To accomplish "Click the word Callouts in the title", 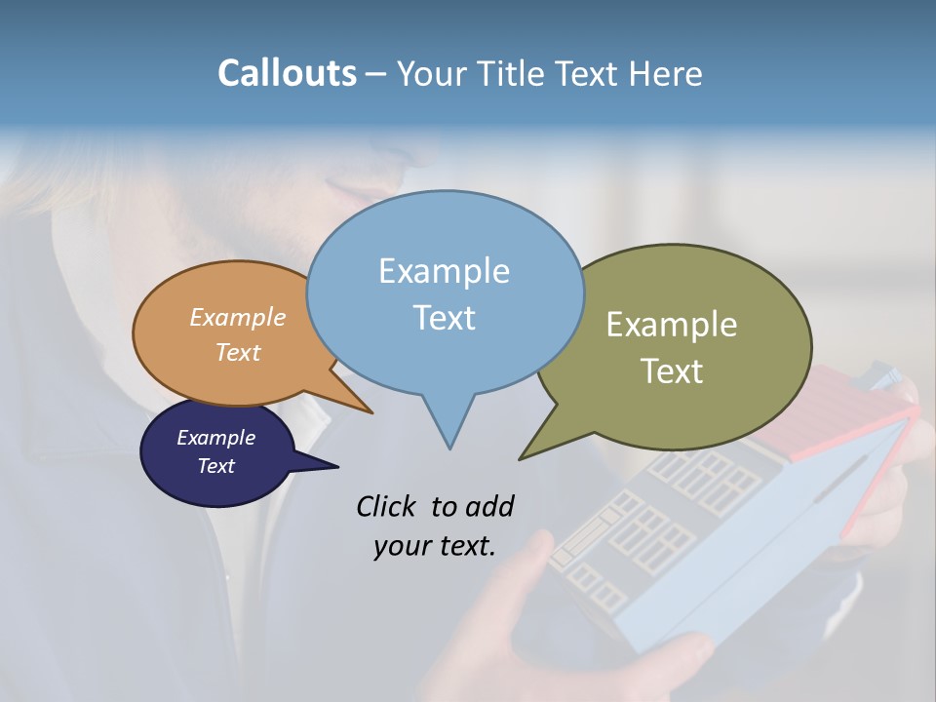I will tap(287, 73).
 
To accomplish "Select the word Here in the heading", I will tap(667, 73).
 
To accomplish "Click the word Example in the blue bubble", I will tap(444, 271).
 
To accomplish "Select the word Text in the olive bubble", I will tap(672, 371).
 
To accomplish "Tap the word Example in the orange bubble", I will tap(238, 318).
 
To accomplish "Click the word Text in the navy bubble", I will tap(216, 466).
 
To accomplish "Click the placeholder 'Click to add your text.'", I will tap(435, 526).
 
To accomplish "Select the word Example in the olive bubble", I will tap(672, 325).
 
